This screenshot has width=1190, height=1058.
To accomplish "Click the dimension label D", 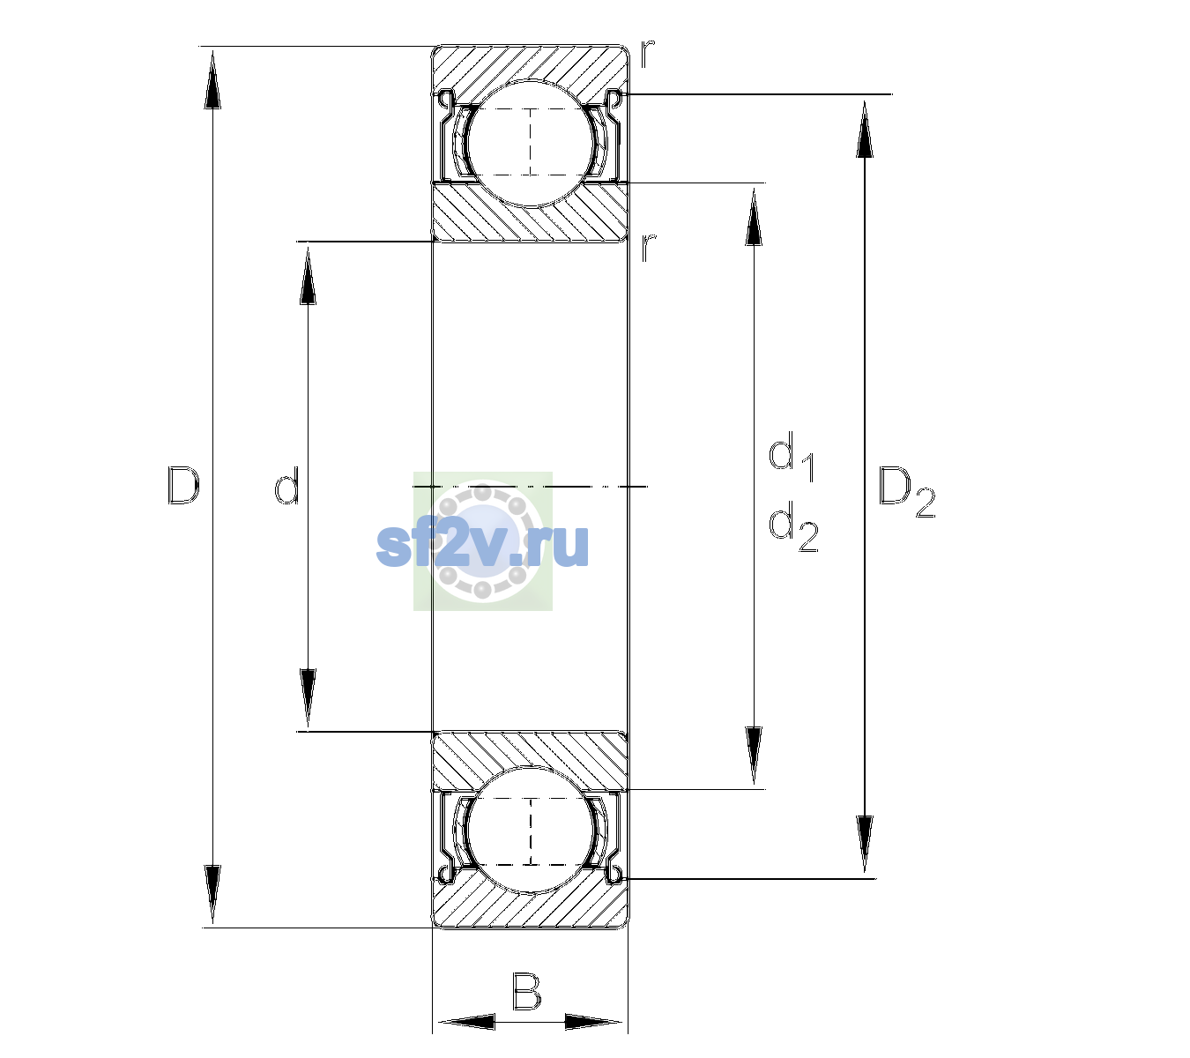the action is (183, 485).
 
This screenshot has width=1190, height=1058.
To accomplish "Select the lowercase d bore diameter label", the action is (287, 485).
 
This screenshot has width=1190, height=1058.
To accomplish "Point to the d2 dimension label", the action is (793, 526).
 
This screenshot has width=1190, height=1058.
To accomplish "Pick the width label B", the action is (526, 992).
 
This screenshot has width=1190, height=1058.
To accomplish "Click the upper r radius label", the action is (648, 54).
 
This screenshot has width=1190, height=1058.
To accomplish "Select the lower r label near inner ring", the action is (648, 248).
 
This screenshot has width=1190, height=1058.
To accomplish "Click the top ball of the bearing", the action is (531, 144).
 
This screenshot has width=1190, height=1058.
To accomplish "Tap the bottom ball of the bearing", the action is (531, 830).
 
